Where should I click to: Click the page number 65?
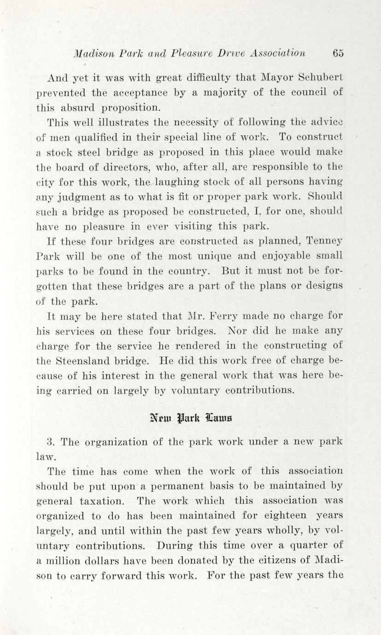point(338,53)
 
